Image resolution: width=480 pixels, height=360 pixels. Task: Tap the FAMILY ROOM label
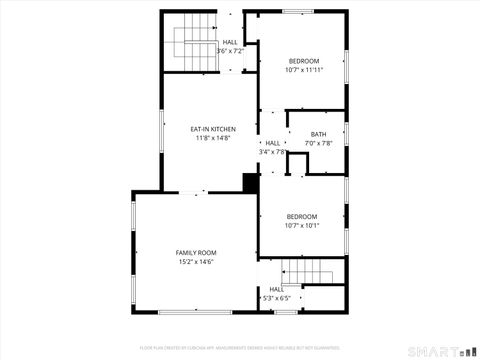coord(196,252)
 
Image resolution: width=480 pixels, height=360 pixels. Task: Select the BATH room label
coord(318,134)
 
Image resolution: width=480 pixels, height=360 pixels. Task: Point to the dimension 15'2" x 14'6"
coord(196,262)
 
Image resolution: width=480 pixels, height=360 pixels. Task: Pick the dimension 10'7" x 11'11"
coord(304,70)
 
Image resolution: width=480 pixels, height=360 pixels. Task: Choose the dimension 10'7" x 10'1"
coord(302,226)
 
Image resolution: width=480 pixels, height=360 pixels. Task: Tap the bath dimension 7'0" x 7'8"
coord(318,143)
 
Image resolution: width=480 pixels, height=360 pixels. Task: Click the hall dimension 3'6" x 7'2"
coord(230,51)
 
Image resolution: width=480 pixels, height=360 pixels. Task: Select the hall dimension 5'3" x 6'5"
coord(276,298)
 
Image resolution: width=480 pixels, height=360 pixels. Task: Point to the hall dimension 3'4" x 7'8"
coord(272,152)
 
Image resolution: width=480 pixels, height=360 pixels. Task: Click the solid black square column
coord(250,182)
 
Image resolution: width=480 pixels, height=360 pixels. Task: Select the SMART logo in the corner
coord(440,351)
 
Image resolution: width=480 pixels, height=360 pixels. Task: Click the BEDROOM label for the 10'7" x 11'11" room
coord(304,60)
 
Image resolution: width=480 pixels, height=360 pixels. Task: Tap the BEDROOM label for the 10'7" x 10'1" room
coord(302,217)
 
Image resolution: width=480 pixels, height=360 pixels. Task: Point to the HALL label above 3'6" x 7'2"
coord(230,42)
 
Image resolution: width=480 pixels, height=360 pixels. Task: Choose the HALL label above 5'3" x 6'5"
coord(276,289)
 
